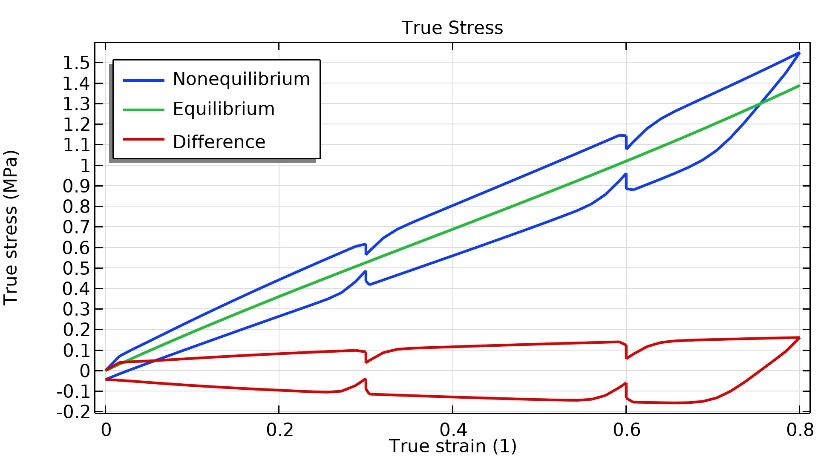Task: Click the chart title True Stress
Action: pos(452,28)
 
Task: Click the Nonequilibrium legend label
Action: pos(241,79)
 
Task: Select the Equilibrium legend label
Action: pos(224,109)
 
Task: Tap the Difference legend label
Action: pos(219,142)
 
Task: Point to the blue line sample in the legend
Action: pos(144,80)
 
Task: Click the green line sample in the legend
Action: pos(144,110)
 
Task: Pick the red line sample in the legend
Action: pos(144,139)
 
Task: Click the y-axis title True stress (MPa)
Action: pos(11,227)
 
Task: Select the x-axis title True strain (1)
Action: pos(452,446)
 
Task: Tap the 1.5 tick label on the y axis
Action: pos(77,63)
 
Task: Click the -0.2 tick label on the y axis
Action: pos(74,412)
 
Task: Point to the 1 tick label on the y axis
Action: pos(86,166)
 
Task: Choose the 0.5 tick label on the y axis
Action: pos(77,268)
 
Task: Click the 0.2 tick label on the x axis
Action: pos(279,430)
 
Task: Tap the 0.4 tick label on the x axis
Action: pos(453,430)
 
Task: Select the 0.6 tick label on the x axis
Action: pos(626,430)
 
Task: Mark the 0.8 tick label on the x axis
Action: pos(800,430)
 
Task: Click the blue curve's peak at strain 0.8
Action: pos(799,53)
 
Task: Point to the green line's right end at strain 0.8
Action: pos(799,86)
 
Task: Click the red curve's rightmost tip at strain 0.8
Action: pos(799,338)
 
